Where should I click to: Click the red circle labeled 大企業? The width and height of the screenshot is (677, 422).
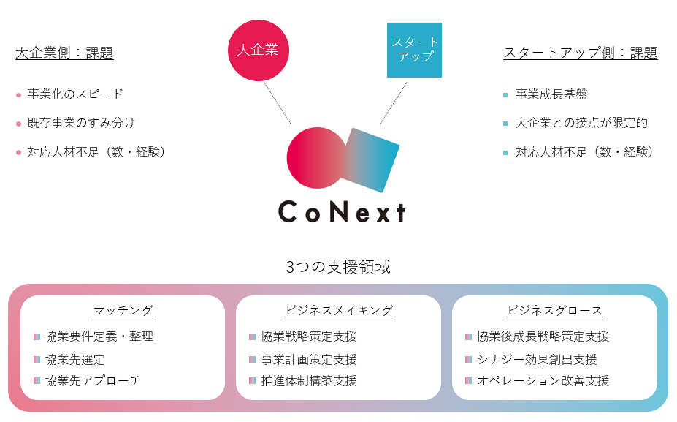pos(259,50)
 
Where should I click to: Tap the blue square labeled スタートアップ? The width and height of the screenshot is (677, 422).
pos(414,50)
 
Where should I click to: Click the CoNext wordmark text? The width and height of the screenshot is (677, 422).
pos(342,212)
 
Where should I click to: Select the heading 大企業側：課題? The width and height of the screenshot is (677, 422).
pos(64,53)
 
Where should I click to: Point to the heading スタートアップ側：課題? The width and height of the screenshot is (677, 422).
pos(581,53)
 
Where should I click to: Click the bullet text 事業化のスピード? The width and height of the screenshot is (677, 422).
pos(75,94)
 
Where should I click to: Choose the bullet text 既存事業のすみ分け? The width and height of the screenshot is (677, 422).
pos(81,123)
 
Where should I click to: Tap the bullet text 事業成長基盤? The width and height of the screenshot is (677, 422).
pos(551,94)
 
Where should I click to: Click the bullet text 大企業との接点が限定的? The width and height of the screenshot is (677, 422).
pos(581,123)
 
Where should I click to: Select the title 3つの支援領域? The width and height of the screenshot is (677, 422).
pos(338,267)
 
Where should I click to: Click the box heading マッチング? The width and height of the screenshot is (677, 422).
pos(123,310)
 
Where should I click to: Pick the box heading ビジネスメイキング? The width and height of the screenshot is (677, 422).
pos(340,310)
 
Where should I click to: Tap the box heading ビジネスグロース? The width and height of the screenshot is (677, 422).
pos(555,310)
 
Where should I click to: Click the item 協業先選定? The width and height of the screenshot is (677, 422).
pos(75,359)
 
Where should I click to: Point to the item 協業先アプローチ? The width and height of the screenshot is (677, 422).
pos(93,380)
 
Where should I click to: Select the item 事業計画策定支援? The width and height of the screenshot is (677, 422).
pos(309,359)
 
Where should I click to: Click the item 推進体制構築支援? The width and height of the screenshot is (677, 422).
pos(309,380)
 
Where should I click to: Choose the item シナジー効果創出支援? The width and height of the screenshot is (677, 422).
pos(537,359)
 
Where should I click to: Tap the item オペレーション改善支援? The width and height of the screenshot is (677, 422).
pos(543,380)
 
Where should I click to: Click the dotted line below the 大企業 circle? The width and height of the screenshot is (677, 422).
pos(277,103)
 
